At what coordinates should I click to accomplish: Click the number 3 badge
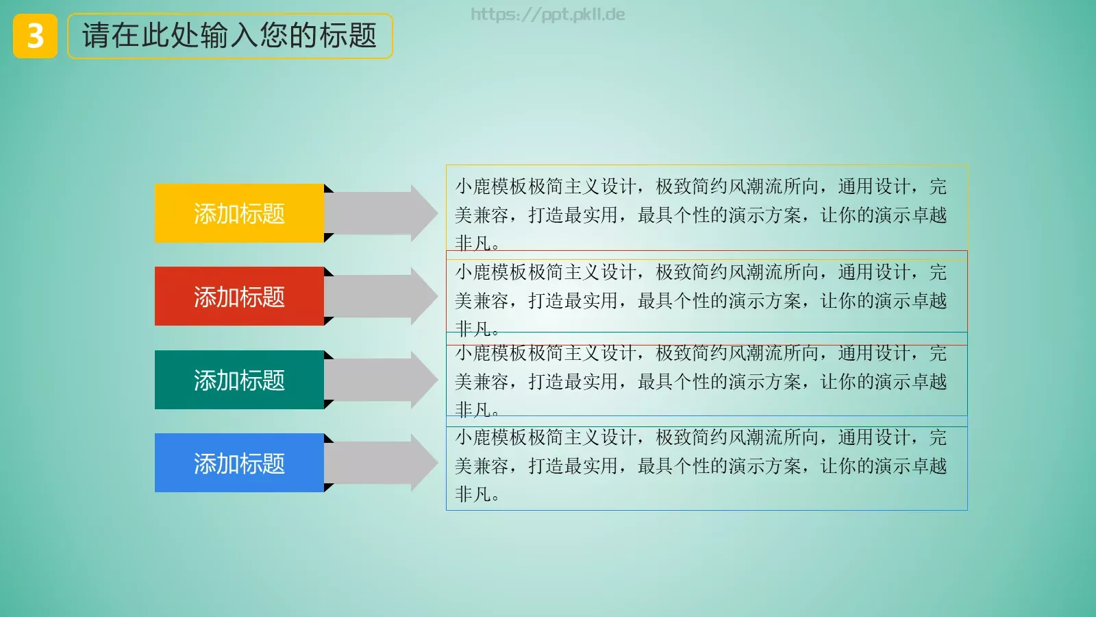(35, 36)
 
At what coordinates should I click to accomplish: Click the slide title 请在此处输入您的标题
(229, 36)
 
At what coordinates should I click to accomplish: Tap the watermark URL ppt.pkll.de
(547, 14)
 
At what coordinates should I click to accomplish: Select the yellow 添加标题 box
(239, 213)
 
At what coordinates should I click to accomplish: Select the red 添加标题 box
(239, 296)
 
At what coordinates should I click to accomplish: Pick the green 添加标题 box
(239, 380)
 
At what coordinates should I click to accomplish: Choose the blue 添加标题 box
(239, 463)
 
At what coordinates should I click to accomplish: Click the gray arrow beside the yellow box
(381, 213)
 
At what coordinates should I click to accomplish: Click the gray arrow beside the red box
(381, 296)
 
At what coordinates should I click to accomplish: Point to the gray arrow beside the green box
(381, 380)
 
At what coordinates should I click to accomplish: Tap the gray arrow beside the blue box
(381, 463)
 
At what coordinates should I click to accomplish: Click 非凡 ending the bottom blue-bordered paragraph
(473, 494)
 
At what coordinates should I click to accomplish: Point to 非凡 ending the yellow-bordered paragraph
(473, 243)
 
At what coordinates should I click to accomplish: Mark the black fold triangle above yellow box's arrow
(327, 189)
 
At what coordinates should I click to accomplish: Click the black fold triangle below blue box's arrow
(327, 487)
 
